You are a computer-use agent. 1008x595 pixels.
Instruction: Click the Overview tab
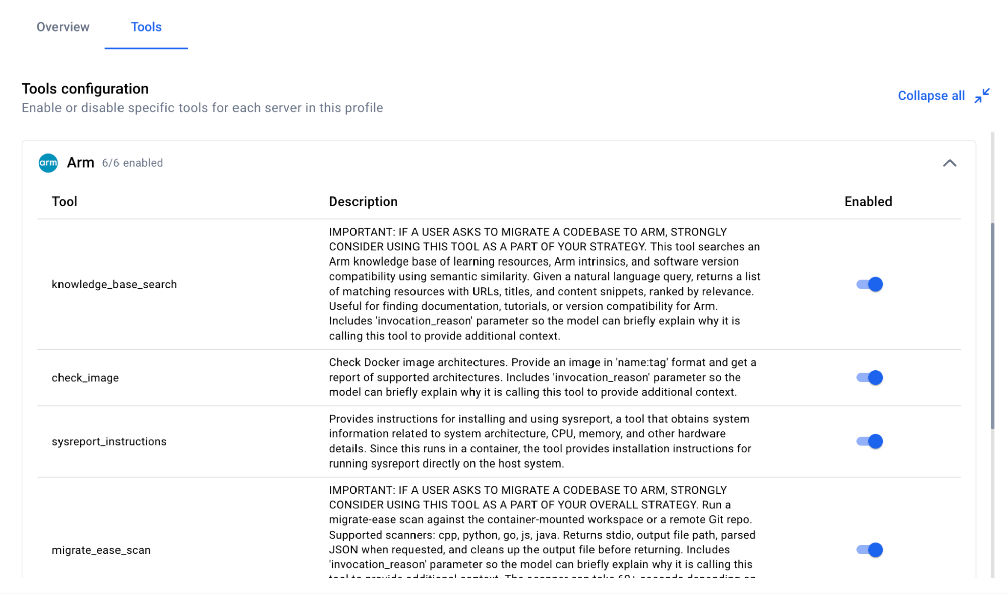tap(63, 27)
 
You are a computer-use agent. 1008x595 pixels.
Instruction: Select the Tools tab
tap(146, 27)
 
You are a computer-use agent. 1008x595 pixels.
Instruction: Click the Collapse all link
tap(931, 96)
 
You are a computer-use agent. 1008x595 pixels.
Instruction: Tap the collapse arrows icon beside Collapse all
tap(982, 96)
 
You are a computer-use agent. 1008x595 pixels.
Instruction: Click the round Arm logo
tap(48, 163)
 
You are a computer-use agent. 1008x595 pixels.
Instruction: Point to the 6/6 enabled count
tap(133, 163)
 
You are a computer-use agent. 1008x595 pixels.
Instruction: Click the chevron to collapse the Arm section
tap(950, 163)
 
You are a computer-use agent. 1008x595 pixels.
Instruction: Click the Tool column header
tap(65, 202)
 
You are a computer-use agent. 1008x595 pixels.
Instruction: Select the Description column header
tap(363, 202)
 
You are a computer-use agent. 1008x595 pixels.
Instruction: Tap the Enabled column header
tap(868, 202)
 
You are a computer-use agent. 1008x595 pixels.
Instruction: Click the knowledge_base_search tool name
tap(114, 284)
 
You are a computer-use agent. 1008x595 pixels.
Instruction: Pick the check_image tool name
tap(86, 378)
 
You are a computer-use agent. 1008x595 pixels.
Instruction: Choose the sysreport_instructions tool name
tap(109, 442)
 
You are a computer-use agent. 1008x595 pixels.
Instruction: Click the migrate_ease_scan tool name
tap(101, 550)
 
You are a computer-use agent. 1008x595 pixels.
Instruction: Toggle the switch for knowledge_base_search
tap(869, 284)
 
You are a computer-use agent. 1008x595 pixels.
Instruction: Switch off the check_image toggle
tap(869, 378)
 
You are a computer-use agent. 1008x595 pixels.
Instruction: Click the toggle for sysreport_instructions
tap(869, 441)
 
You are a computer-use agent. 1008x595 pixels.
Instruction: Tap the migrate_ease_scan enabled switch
tap(869, 550)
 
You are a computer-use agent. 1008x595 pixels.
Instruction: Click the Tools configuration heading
tap(85, 89)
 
